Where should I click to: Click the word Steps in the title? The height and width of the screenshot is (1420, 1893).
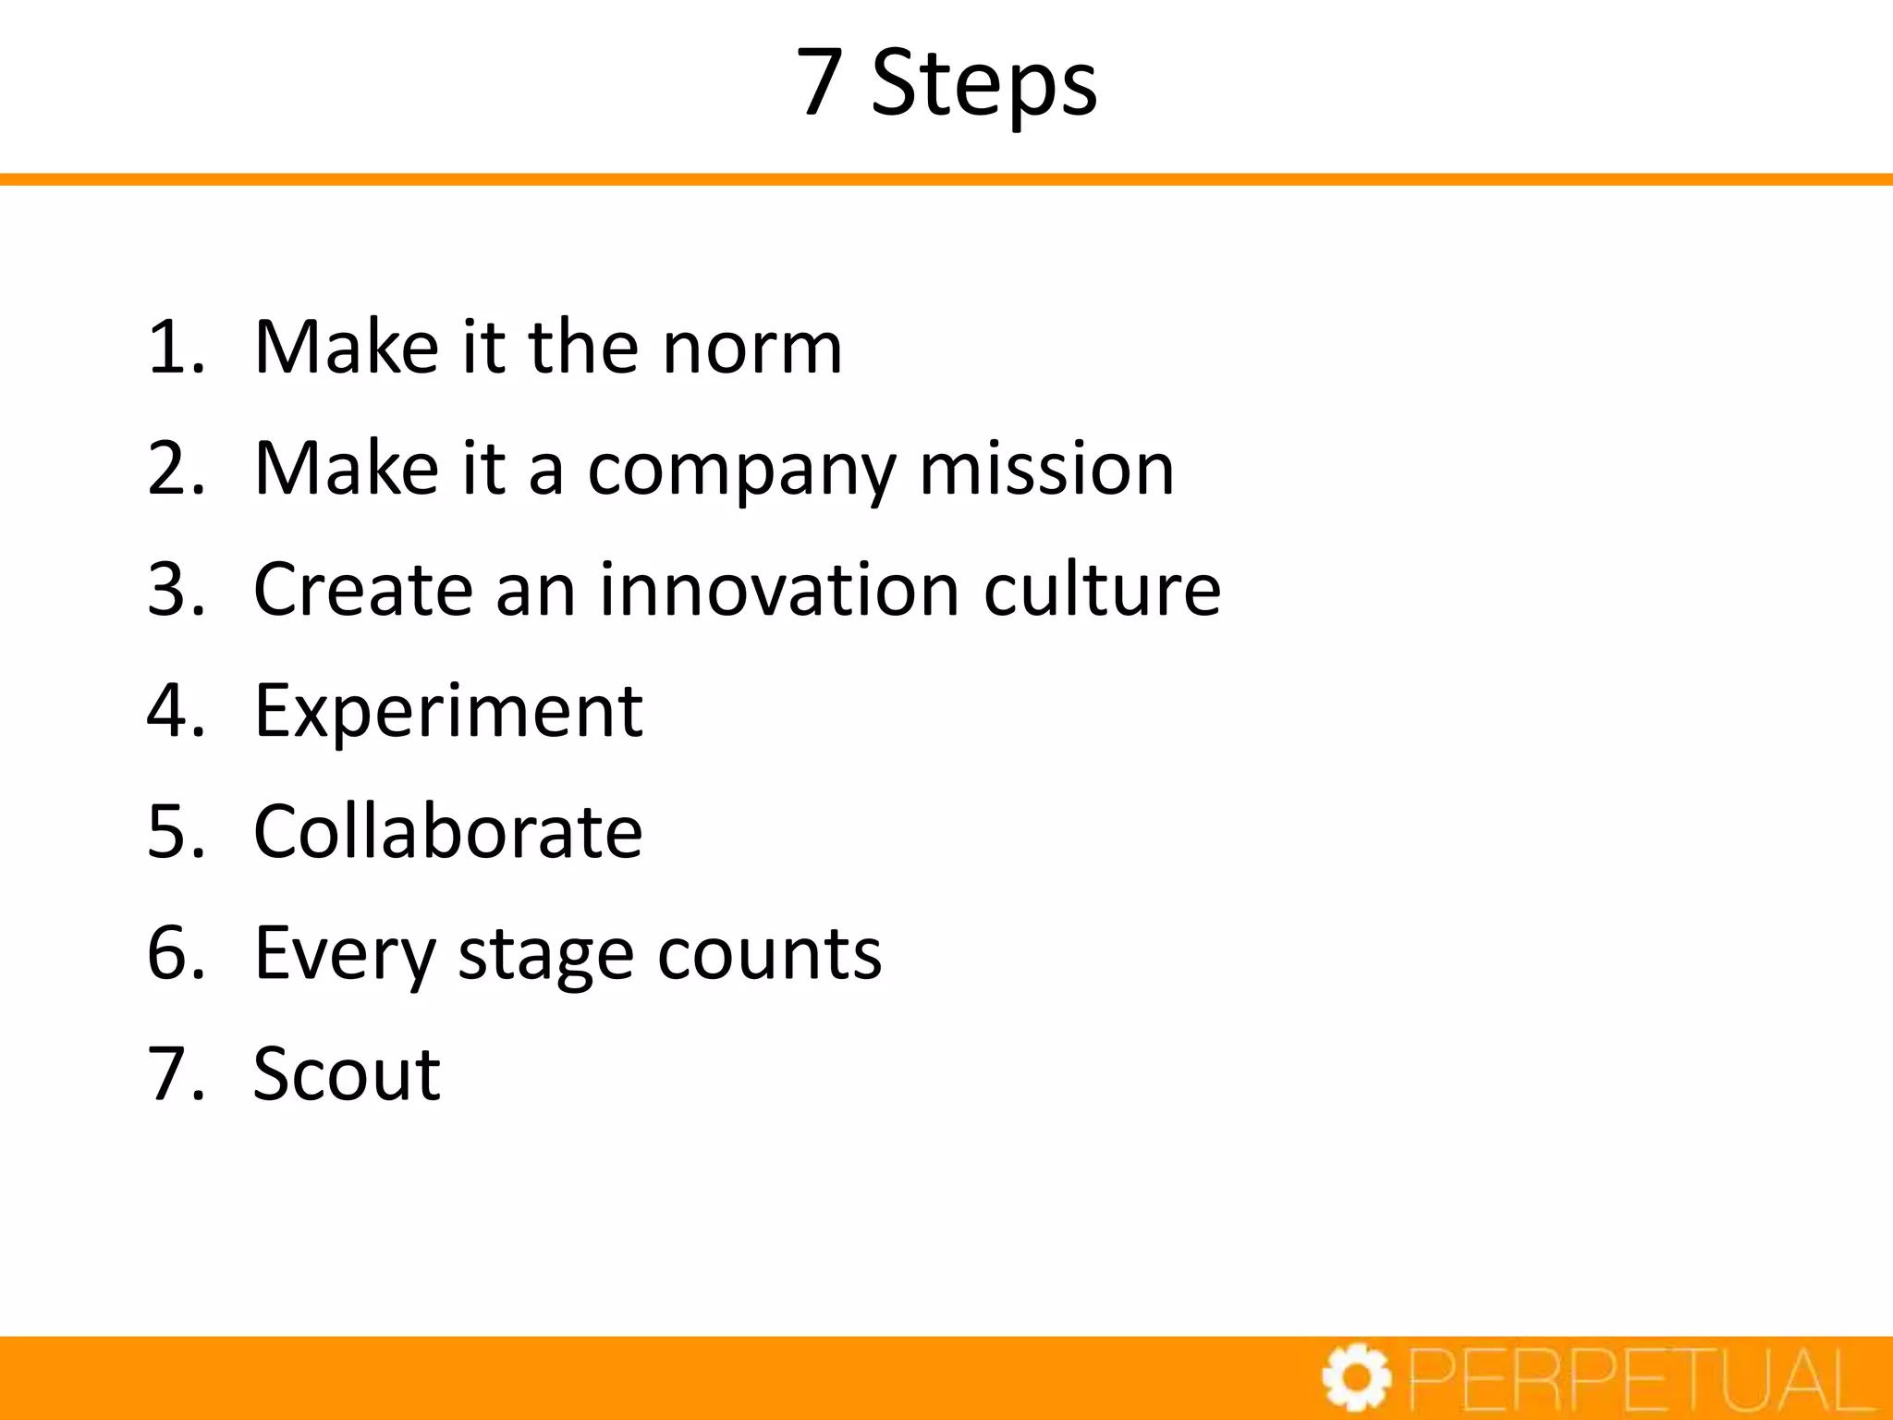pos(983,84)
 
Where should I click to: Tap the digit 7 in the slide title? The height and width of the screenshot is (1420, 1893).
pos(819,84)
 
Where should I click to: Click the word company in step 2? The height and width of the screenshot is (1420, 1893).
pos(741,471)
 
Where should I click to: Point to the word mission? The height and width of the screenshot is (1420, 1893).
pos(1046,469)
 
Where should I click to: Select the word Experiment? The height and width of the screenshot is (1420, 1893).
pos(448,712)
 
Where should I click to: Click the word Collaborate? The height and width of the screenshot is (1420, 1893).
pos(447,832)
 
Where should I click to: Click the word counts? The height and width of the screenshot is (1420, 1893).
pos(769,954)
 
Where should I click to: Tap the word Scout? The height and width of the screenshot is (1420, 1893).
pos(347,1074)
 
